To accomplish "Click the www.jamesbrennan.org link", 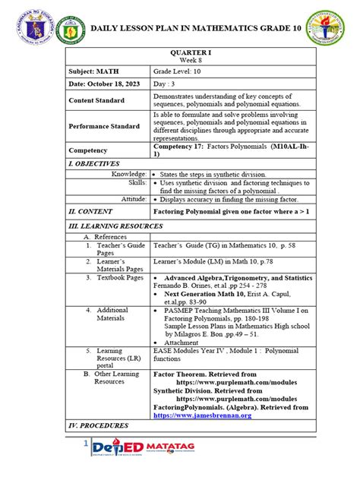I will point(201,415).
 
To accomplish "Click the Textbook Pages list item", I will point(113,278).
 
